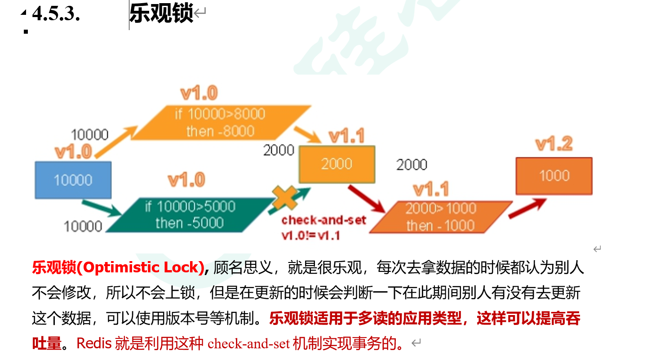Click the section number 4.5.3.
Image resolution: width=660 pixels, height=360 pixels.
coord(56,14)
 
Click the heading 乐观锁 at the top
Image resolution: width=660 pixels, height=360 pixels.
coord(161,13)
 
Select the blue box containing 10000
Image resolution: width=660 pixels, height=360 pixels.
coord(73,180)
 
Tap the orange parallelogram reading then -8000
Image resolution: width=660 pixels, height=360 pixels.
coord(220,123)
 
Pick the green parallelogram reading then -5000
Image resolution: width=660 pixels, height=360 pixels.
coord(190,215)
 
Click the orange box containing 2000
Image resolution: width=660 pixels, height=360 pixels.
coord(337,164)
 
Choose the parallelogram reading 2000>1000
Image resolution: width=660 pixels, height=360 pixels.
coord(440,217)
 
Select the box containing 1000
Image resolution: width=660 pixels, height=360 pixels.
coord(554,176)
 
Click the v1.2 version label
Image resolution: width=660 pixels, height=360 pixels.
coord(554,144)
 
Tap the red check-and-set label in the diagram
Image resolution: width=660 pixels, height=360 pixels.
coord(323,220)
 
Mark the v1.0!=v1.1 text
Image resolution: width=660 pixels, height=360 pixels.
coord(310,235)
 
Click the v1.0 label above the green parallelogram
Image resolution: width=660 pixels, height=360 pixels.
coord(186,180)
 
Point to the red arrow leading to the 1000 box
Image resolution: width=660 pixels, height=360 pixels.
coord(527,209)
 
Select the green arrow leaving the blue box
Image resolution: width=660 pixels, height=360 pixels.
coord(101,208)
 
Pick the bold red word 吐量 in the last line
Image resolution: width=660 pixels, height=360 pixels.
coord(46,343)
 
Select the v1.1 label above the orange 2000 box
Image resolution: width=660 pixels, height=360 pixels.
coord(346,136)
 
